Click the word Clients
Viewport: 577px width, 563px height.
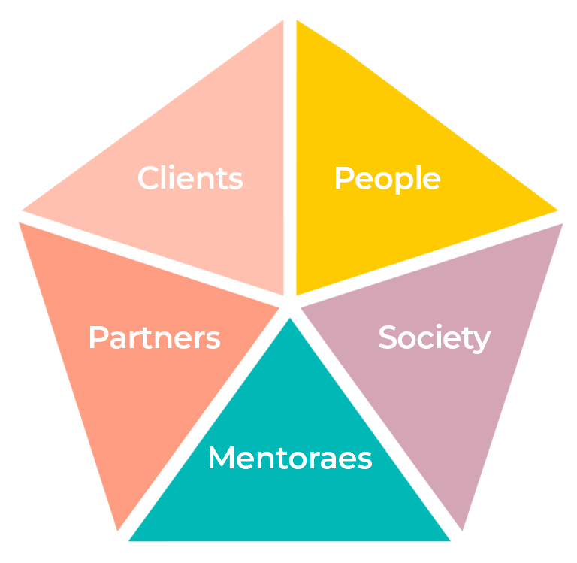[190, 179]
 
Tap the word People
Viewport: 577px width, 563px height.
[386, 179]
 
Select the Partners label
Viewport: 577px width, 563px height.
[154, 338]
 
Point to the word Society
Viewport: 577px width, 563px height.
[434, 338]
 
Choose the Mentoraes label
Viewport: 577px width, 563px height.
[289, 458]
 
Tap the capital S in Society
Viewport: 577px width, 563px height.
[386, 338]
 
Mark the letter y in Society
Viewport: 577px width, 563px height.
[482, 341]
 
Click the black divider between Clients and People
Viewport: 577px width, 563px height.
[290, 150]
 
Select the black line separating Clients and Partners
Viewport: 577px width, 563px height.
[150, 259]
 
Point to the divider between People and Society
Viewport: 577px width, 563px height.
[428, 260]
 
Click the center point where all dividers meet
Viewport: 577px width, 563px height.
[290, 305]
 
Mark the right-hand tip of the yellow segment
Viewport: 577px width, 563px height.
[557, 210]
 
